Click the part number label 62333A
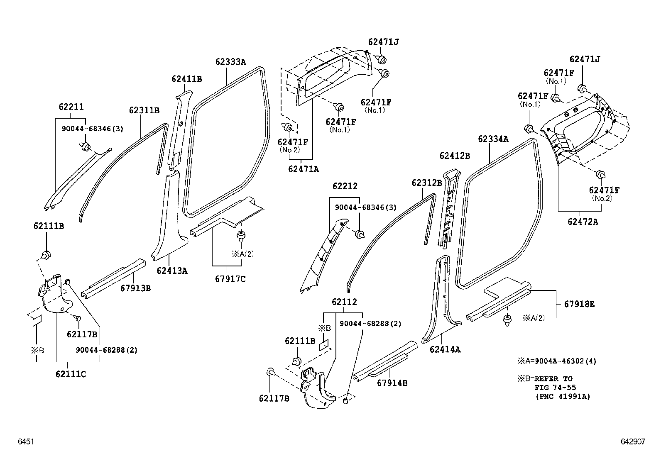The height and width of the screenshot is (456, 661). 230,62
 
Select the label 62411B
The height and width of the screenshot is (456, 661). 187,79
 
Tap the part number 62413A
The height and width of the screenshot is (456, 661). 172,271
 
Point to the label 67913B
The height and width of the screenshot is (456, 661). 135,288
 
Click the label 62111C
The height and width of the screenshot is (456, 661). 71,374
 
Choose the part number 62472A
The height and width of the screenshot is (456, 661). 583,222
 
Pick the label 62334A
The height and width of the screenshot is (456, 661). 493,139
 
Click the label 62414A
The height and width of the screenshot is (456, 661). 445,349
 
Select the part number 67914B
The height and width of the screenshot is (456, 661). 392,383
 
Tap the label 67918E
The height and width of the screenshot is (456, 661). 579,304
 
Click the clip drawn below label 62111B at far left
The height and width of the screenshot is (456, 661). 46,254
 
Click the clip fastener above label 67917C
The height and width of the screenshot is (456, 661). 240,237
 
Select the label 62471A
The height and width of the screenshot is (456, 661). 304,169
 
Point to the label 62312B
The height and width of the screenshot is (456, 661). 427,183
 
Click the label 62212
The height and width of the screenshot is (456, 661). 345,186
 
